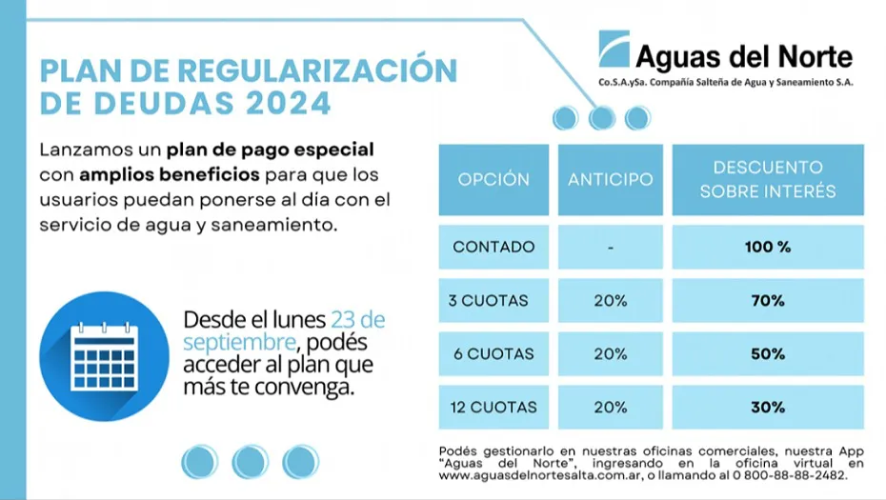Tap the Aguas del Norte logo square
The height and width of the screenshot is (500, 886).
click(614, 48)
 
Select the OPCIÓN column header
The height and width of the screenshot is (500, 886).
click(493, 179)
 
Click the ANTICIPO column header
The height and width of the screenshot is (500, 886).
click(611, 179)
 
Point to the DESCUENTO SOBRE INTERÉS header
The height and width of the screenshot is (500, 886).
click(768, 179)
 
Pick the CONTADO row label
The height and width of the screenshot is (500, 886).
click(493, 247)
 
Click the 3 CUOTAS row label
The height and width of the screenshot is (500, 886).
click(489, 300)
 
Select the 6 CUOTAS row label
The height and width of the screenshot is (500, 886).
click(493, 353)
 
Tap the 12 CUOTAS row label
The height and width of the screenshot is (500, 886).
click(493, 407)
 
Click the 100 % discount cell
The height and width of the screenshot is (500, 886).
click(768, 247)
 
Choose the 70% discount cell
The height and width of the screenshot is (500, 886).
click(768, 300)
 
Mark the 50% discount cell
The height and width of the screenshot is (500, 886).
click(768, 353)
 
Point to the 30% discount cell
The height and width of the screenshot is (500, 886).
click(768, 407)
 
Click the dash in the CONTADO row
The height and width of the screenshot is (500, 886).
click(611, 248)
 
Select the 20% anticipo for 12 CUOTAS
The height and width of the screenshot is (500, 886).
click(611, 407)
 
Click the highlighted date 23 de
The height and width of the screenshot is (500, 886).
click(358, 319)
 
